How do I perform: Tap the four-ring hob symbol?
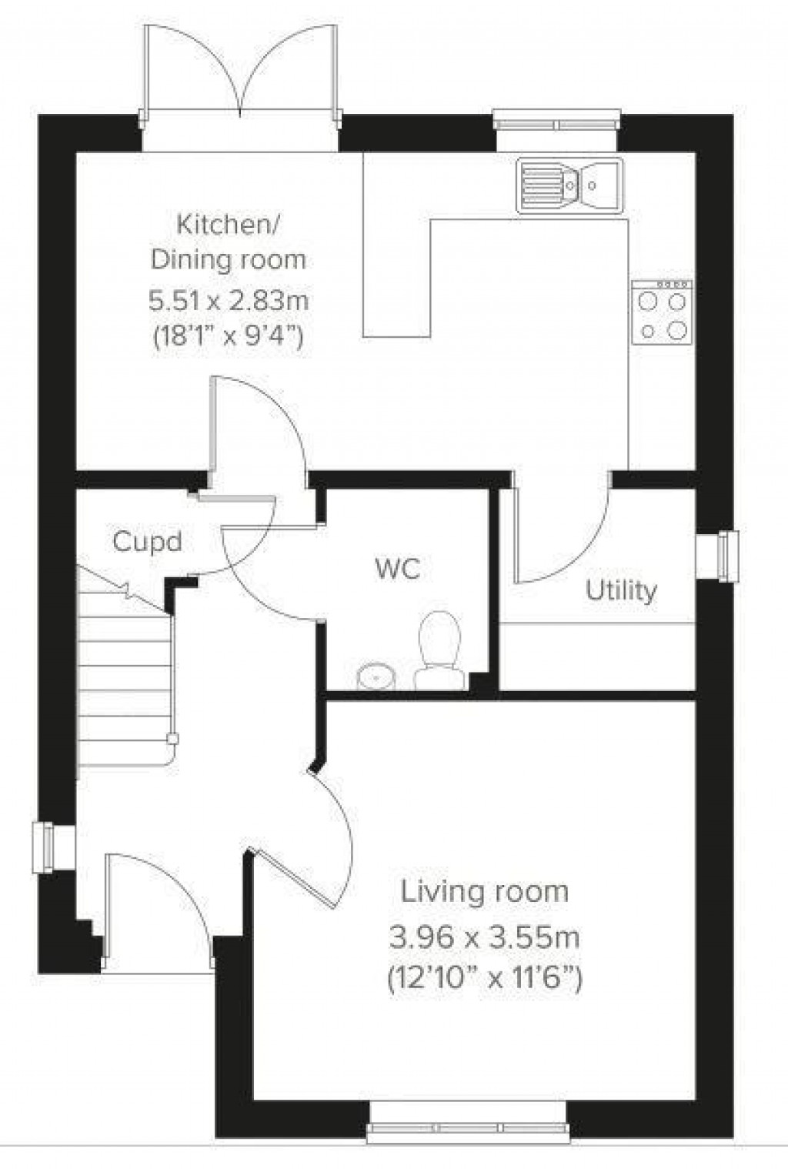coord(662,312)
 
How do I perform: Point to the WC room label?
coord(398,569)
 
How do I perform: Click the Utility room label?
coord(621,590)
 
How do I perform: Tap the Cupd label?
coord(147,542)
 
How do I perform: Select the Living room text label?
coord(484,892)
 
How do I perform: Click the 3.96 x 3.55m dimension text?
coord(484,937)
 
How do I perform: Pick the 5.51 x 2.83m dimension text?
coord(229,299)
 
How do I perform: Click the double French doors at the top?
coord(240,73)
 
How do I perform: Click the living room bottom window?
coord(467,1130)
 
